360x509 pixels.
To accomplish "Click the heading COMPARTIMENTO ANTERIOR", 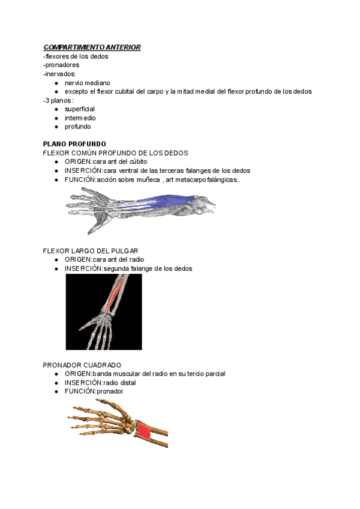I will click(92, 47).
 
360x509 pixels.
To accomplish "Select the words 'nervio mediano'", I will click(88, 82).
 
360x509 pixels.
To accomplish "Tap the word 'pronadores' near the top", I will click(62, 65).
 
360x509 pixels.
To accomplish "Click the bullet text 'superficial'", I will click(80, 109).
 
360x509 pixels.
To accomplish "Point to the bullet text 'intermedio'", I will click(80, 118).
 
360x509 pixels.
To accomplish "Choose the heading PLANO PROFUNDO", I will click(74, 144).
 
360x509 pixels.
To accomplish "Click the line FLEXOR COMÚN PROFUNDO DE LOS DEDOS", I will click(115, 153).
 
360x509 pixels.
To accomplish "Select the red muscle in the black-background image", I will click(115, 294).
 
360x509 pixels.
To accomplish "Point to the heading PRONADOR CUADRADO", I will click(82, 365).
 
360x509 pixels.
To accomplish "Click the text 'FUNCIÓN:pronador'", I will click(94, 391).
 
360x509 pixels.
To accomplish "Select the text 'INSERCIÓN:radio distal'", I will click(100, 382).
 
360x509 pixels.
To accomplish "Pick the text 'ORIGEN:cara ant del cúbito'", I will click(106, 162).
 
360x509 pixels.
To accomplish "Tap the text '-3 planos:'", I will click(58, 100).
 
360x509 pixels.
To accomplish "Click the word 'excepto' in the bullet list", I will click(76, 91).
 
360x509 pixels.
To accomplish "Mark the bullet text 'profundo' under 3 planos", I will click(78, 127).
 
